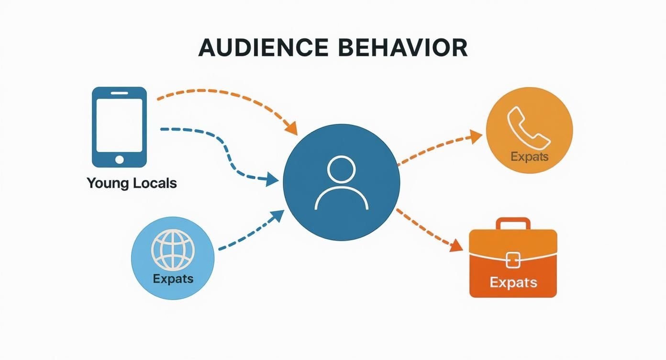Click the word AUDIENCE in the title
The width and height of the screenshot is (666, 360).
tap(263, 47)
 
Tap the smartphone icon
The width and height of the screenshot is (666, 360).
tap(119, 127)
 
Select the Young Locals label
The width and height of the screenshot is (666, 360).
tap(132, 183)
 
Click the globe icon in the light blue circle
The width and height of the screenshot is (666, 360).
tap(173, 250)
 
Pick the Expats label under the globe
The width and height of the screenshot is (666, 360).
tap(173, 279)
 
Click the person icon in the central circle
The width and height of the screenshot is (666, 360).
tap(341, 183)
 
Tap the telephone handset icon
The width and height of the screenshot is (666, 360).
tap(528, 126)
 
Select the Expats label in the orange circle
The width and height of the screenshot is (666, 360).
tap(529, 157)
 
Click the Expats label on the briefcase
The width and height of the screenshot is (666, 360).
tap(513, 282)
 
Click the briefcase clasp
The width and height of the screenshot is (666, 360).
tap(513, 259)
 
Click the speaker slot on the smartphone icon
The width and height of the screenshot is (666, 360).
tap(119, 93)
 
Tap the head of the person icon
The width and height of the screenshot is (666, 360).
tap(341, 170)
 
